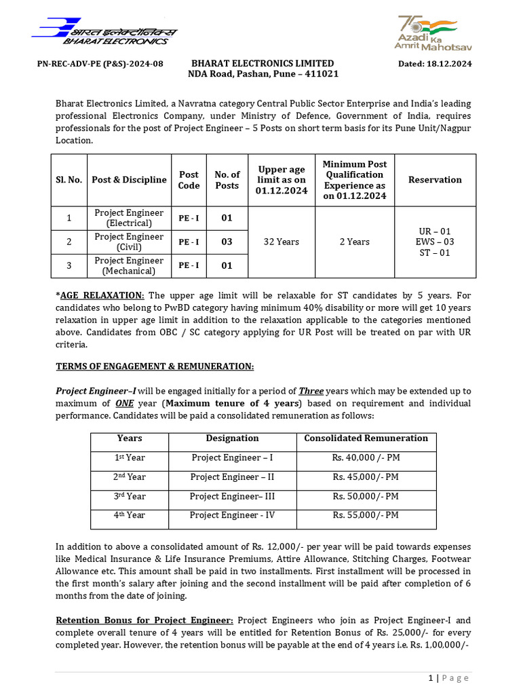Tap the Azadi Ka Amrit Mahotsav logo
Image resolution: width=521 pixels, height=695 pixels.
433,33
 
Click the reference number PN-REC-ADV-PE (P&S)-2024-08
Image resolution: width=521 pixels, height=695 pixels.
100,64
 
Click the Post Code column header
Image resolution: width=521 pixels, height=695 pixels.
189,180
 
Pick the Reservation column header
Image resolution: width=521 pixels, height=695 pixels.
435,180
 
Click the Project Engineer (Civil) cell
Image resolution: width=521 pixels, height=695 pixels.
129,242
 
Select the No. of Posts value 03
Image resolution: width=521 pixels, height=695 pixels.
227,242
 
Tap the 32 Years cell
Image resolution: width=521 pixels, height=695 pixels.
281,242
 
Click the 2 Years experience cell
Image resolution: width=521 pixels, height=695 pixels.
354,242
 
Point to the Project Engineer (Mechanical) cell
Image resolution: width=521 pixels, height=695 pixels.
129,266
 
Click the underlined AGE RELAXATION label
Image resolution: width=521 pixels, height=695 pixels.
102,295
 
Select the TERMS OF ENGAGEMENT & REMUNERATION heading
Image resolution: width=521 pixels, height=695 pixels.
155,367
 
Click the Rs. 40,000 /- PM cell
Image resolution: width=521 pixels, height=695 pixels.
366,458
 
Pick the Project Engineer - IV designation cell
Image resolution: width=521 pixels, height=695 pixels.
232,515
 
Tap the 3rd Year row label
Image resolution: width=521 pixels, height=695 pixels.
129,496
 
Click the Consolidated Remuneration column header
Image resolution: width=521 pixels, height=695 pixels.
366,438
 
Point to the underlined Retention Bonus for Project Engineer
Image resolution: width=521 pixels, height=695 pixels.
144,620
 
